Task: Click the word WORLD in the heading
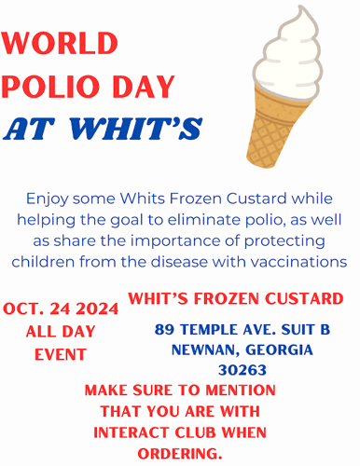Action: click(61, 43)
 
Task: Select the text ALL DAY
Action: click(60, 333)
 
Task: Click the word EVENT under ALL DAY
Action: click(61, 355)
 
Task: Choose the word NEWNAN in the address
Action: click(201, 350)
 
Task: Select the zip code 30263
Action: click(240, 370)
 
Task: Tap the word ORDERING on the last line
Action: click(180, 453)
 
